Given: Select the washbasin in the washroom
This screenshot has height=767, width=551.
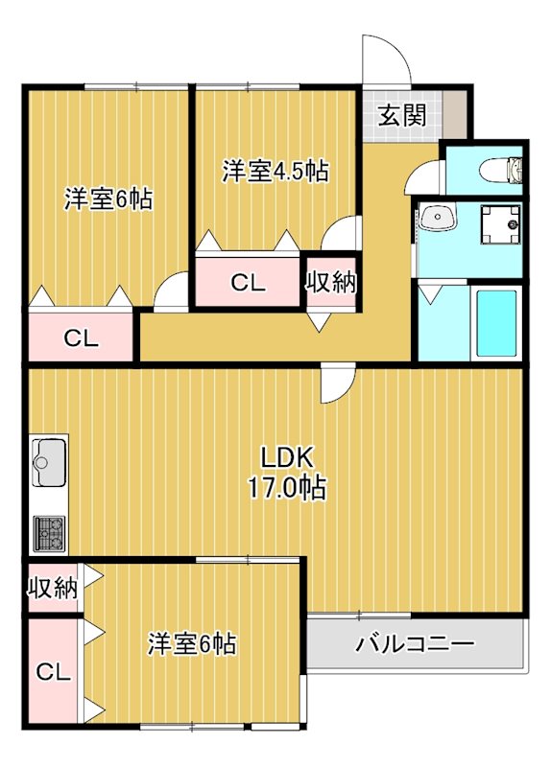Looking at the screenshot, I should tap(438, 220).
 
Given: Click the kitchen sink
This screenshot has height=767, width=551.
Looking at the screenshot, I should tap(47, 465).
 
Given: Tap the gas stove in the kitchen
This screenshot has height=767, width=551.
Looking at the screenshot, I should tap(49, 532).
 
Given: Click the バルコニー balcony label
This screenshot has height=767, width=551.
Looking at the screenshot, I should tap(415, 643).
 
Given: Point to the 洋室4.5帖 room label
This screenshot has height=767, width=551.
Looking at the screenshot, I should tap(275, 172).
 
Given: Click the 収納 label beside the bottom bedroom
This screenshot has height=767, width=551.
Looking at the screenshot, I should tap(51, 589).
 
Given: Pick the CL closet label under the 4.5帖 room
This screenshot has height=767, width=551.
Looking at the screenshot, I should tap(248, 283).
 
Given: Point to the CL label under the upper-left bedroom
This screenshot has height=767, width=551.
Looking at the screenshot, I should tap(81, 337).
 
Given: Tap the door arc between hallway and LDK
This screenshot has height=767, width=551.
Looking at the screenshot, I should tap(335, 385).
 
